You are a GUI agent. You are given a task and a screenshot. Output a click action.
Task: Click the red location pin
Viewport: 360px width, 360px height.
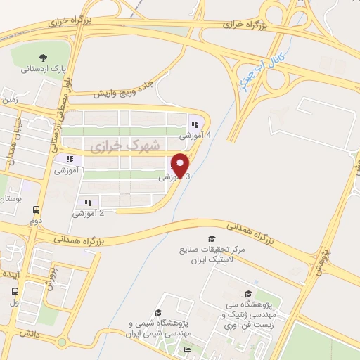pos(181,165)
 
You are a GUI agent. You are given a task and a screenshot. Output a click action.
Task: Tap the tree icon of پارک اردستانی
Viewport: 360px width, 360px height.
pos(44,58)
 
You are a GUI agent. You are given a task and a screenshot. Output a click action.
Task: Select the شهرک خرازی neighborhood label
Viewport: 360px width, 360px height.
pos(116,144)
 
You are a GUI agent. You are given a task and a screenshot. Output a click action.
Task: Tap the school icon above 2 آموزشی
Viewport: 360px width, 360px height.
pos(89,202)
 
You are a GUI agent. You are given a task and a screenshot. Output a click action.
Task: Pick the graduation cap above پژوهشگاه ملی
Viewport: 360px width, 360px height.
pos(247,294)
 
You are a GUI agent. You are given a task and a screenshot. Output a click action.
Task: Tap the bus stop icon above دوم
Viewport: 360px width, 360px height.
pos(36,209)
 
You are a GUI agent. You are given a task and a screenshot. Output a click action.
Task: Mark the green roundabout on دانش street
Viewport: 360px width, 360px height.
pos(62,342)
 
